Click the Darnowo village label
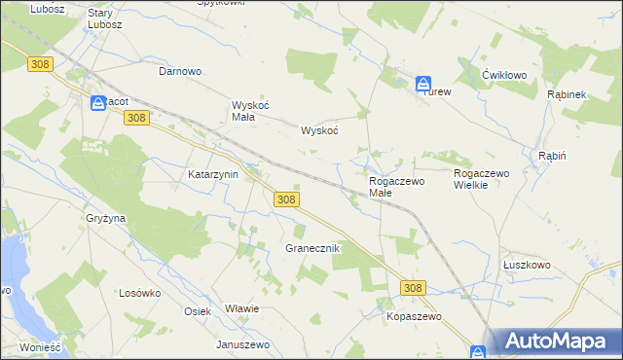pos(180,71)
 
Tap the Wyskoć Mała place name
pos(243,111)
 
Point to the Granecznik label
pos(311,248)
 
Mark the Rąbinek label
pos(566,94)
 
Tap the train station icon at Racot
pos(98,101)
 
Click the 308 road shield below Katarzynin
pos(285,198)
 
